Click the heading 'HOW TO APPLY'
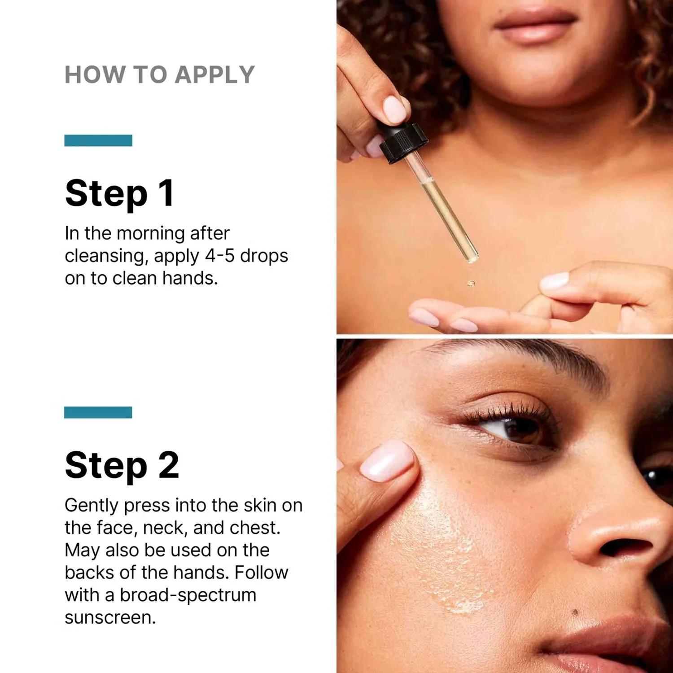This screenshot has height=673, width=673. tap(160, 74)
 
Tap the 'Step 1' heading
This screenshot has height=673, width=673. tap(119, 193)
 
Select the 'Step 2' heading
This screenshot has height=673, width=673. tap(122, 465)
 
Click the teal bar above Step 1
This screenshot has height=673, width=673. tap(98, 140)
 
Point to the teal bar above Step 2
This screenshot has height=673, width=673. tap(98, 412)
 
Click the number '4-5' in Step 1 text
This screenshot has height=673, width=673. tap(220, 256)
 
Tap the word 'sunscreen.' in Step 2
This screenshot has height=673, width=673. tap(110, 617)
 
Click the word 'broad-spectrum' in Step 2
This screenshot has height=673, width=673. tap(188, 595)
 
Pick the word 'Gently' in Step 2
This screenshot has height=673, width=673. tap(92, 506)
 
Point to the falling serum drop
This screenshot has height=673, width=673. tap(471, 283)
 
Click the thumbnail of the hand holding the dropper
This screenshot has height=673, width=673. tap(395, 109)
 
